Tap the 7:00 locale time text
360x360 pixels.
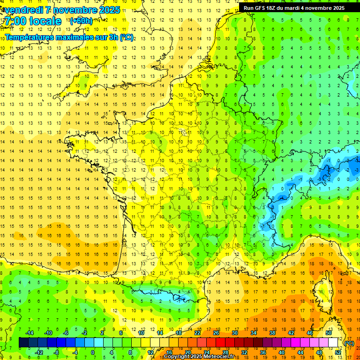32,21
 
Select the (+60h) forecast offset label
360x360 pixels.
81,21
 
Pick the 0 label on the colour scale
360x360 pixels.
93,352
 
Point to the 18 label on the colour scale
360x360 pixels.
178,333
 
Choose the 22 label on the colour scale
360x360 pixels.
197,333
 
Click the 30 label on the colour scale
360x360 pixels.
234,333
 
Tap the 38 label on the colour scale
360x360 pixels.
272,333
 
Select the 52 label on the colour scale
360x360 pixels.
337,352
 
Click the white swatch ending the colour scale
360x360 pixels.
333,343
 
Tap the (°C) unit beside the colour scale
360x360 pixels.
349,343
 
